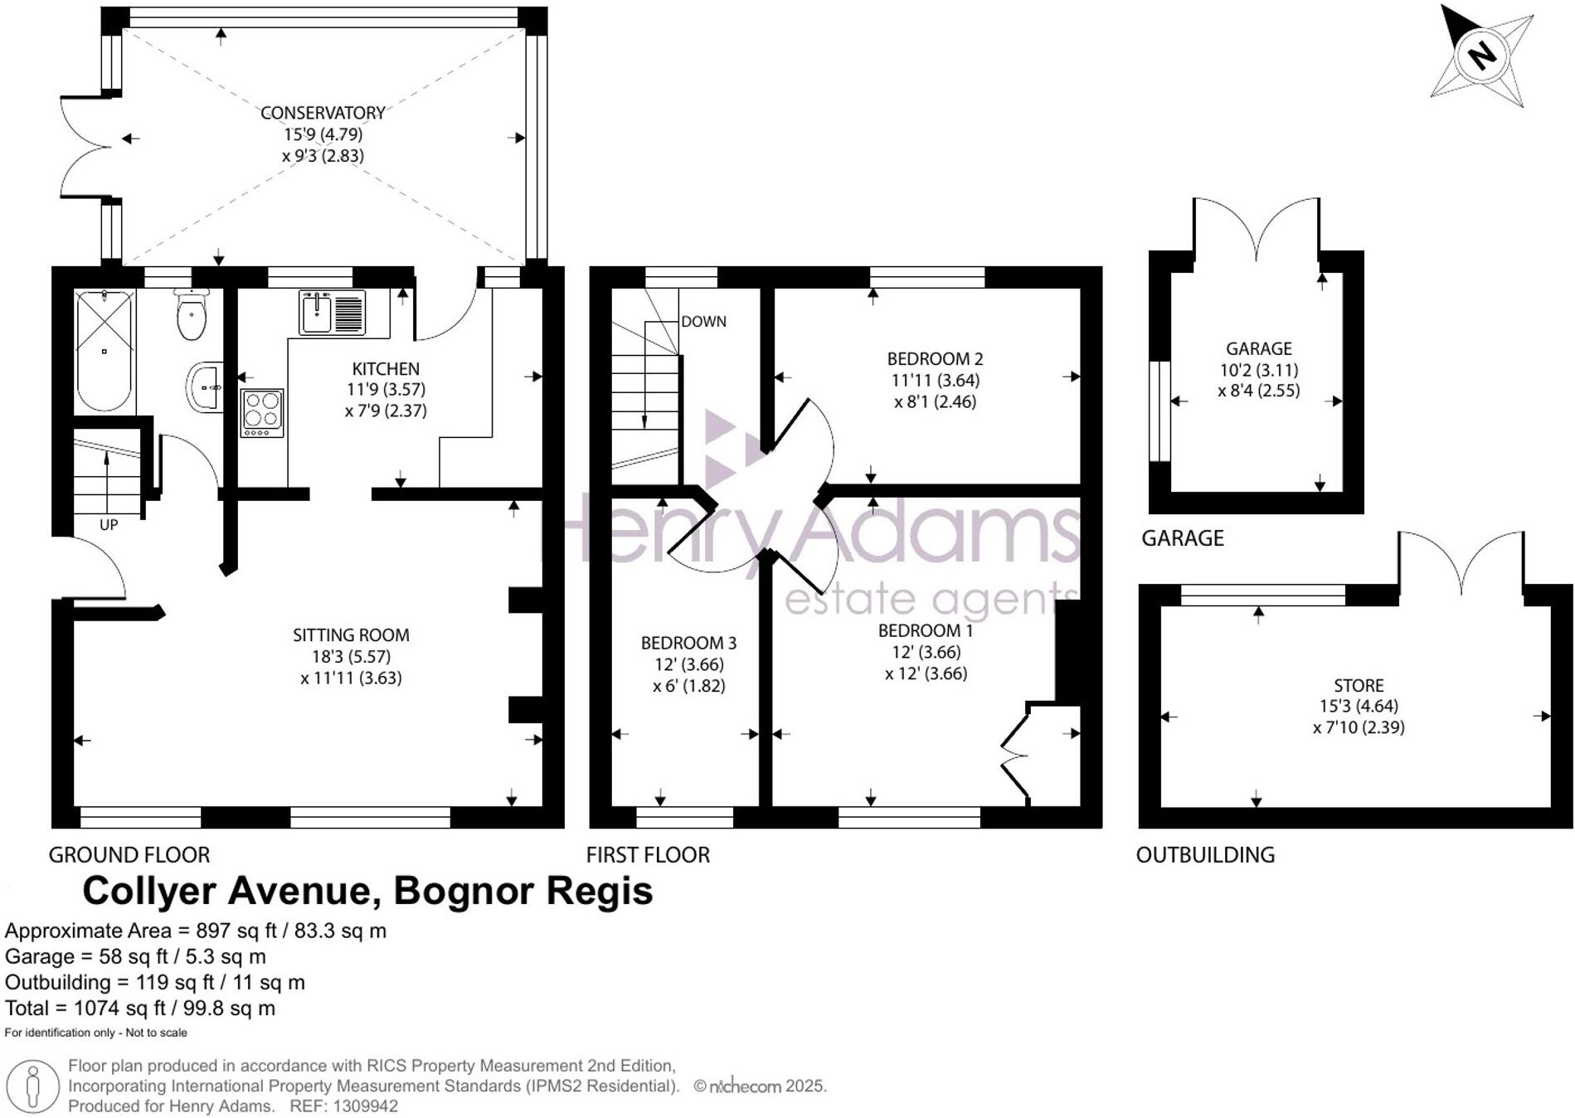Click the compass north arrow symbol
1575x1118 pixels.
(1481, 56)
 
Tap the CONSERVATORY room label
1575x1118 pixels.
(323, 113)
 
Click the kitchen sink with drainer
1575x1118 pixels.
(332, 314)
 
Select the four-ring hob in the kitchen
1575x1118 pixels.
(262, 412)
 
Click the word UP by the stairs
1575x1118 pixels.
(109, 525)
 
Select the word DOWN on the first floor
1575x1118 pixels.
(703, 322)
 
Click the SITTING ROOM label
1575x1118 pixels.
(351, 635)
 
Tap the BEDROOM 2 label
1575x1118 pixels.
(935, 359)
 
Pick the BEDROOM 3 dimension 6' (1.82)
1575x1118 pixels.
(688, 686)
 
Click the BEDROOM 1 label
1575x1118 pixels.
(926, 630)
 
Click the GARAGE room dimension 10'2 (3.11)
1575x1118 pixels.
(1258, 370)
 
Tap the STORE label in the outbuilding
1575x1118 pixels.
(1359, 685)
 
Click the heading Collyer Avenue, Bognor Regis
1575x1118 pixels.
(367, 891)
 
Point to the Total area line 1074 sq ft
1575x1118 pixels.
(139, 1008)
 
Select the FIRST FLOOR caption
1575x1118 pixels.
(648, 855)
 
